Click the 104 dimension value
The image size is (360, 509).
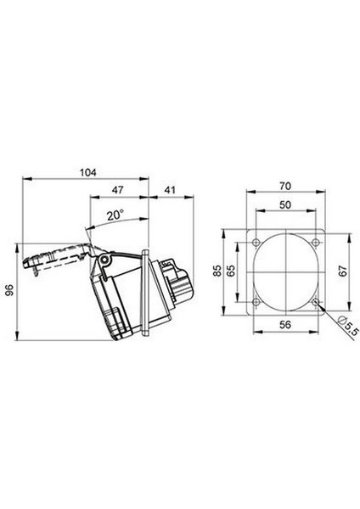pyautogui.click(x=88, y=172)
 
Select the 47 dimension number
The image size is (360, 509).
pyautogui.click(x=117, y=190)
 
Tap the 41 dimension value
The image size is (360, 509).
pyautogui.click(x=170, y=190)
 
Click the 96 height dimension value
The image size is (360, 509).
pyautogui.click(x=11, y=290)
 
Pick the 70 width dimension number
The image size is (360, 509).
pyautogui.click(x=285, y=186)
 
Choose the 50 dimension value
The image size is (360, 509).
pyautogui.click(x=285, y=204)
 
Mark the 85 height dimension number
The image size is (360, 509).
pyautogui.click(x=217, y=271)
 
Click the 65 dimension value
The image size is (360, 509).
pyautogui.click(x=231, y=271)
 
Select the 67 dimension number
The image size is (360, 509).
pyautogui.click(x=343, y=271)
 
